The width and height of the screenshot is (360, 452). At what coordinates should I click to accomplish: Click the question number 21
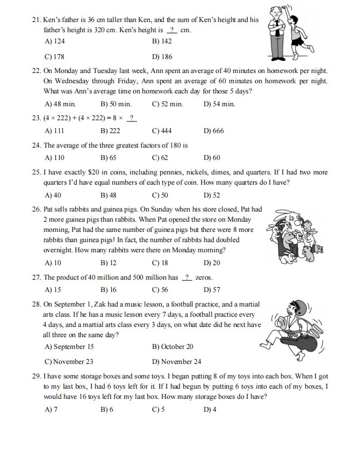37,20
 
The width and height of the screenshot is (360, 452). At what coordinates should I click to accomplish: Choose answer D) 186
162,56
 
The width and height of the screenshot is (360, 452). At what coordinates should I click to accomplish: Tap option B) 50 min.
116,104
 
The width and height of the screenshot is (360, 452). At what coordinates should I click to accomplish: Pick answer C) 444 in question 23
162,130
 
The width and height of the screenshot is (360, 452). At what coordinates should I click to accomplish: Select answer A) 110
55,157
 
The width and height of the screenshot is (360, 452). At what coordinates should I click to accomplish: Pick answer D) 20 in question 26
212,263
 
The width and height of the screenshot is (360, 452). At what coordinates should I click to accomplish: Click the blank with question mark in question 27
187,278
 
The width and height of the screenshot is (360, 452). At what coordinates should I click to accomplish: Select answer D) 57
212,290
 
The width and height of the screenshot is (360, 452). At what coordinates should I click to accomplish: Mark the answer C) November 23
69,361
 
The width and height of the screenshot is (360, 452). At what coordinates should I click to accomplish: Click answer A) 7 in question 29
52,410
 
